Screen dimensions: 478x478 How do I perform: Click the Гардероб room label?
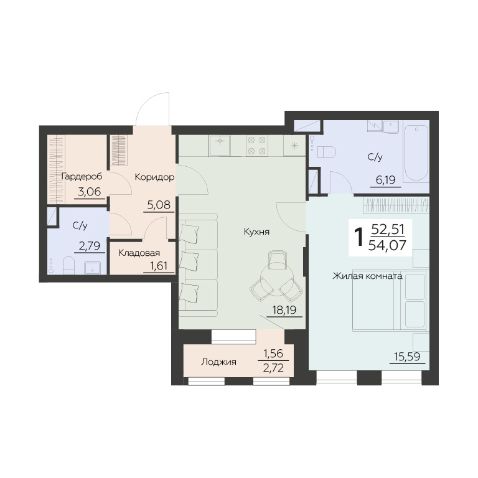(82, 177)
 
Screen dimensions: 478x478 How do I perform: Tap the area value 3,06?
(90, 192)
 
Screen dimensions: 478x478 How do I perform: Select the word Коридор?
(154, 177)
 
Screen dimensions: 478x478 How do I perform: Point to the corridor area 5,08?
(159, 205)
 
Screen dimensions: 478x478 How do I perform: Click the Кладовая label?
(139, 253)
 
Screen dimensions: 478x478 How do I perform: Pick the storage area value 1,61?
(159, 266)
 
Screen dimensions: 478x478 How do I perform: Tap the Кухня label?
(256, 232)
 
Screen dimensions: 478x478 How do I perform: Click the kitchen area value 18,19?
(284, 311)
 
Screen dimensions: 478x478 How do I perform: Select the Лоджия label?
(219, 362)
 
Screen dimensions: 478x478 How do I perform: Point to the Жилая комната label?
(367, 276)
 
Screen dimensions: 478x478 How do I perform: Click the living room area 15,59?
(407, 357)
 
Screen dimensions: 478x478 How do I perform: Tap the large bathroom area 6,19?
(386, 180)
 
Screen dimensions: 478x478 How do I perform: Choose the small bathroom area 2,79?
(90, 246)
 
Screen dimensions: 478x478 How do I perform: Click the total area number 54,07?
(387, 245)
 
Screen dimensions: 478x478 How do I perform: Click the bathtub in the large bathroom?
(416, 153)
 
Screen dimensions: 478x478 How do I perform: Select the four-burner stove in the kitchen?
(256, 146)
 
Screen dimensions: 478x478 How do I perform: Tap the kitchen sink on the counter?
(220, 146)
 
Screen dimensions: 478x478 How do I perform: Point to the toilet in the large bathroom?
(326, 152)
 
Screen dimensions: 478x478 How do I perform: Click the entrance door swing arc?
(146, 103)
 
